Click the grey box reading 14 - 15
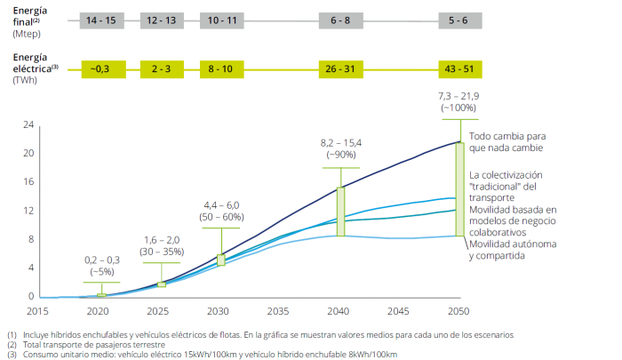(99, 19)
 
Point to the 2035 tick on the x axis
(277, 312)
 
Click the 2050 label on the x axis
(459, 312)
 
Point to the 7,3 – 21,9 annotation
(459, 95)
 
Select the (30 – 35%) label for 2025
(160, 252)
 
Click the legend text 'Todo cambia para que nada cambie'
(506, 142)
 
